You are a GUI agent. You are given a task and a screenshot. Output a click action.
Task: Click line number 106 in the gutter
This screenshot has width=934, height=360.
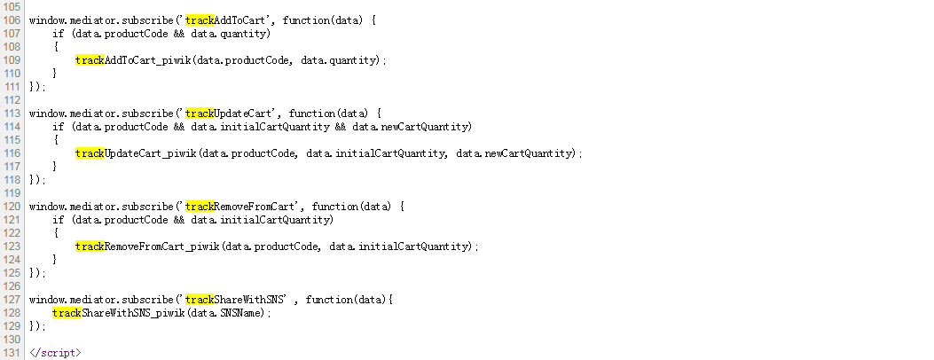click(x=12, y=20)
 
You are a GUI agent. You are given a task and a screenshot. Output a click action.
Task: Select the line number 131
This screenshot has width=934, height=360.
click(x=12, y=352)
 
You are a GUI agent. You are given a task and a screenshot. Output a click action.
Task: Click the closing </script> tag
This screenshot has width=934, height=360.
click(x=55, y=352)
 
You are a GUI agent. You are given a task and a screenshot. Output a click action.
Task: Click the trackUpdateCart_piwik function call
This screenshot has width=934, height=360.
click(x=136, y=153)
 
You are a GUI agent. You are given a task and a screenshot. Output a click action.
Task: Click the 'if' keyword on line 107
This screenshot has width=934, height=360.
click(x=58, y=33)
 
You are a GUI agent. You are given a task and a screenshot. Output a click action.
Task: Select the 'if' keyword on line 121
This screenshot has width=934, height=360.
click(x=58, y=219)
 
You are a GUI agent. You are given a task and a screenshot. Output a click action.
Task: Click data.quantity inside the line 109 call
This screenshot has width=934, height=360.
click(x=341, y=59)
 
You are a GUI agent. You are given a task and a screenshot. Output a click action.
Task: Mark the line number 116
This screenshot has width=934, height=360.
click(x=12, y=153)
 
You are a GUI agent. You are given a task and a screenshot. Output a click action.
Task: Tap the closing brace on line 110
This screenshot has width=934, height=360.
click(x=55, y=73)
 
